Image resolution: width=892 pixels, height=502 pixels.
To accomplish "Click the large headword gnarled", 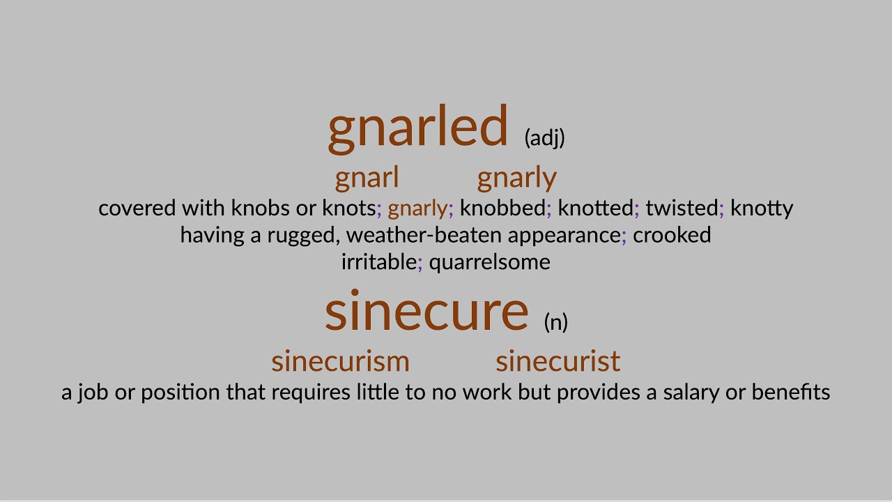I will pos(418,127).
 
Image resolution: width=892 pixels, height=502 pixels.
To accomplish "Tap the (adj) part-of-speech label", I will pos(544,137).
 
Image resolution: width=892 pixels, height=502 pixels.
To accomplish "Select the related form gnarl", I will pos(367,178).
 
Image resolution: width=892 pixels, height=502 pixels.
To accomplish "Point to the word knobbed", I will pos(502,208).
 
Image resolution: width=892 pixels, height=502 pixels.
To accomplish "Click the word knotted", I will pos(596,208).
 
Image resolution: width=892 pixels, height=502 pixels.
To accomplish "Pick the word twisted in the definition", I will pos(682,208).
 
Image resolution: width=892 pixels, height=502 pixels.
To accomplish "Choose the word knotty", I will pos(762,208).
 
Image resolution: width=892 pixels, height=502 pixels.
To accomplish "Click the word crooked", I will pos(672,235).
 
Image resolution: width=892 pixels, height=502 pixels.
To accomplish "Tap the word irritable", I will pos(378,262).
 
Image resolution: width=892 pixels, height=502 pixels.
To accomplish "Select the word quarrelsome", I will pos(489,262).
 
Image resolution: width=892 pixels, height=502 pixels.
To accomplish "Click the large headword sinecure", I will pos(426,312).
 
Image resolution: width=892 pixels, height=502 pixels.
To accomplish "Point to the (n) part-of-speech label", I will pos(555,322).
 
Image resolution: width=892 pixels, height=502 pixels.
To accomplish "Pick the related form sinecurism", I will pos(340,361).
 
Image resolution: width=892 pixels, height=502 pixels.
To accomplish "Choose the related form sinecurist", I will pos(557,361).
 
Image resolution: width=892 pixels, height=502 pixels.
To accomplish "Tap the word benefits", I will pos(791,393).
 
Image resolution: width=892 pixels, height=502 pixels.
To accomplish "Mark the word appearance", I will pos(564,236).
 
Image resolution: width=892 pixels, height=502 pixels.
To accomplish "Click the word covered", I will pos(137,208).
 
